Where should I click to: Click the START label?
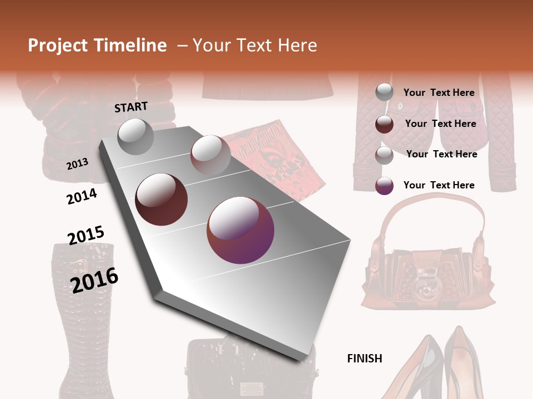click(131, 107)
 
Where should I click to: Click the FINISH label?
click(365, 359)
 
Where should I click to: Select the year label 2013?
click(78, 163)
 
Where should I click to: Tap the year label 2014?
click(82, 196)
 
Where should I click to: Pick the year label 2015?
click(86, 236)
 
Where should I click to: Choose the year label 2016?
click(94, 280)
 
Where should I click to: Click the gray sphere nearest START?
click(136, 136)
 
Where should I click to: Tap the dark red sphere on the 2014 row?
click(162, 199)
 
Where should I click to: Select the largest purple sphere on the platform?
click(240, 230)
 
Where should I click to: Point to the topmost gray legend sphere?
click(384, 93)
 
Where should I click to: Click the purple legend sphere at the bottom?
click(384, 186)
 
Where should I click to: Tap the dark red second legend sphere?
click(384, 124)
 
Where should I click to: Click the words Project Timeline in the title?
click(97, 45)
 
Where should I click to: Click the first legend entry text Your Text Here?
click(439, 93)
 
